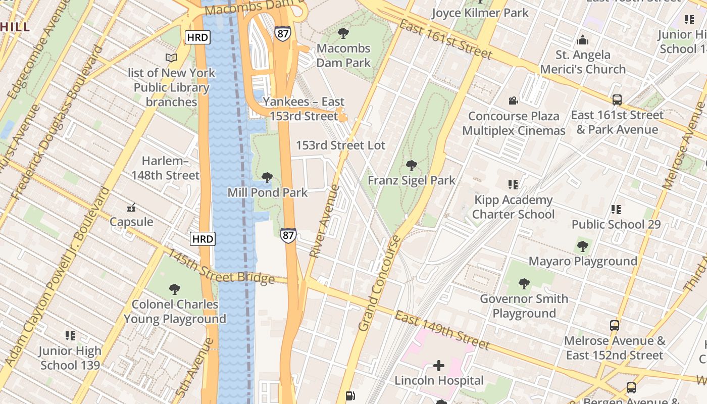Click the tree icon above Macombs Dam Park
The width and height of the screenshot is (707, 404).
[x=343, y=34]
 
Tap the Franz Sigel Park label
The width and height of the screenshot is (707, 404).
[x=411, y=180]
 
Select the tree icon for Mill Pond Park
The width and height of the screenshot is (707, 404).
[x=267, y=178]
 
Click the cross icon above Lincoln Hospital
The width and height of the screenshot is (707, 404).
[x=439, y=366]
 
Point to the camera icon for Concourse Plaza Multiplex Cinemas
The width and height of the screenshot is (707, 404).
[x=514, y=101]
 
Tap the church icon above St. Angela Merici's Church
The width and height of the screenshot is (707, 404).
[x=583, y=40]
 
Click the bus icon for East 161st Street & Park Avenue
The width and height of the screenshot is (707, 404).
[x=617, y=100]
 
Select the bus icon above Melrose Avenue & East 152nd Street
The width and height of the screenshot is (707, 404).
[x=615, y=326]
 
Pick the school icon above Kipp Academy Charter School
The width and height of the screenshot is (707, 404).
[x=513, y=185]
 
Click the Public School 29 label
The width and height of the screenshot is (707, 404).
[x=616, y=224]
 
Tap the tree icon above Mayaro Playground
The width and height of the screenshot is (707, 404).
[x=583, y=246]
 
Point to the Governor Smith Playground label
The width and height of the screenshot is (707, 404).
[x=524, y=306]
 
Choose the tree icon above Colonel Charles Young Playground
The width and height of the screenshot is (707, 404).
[x=175, y=289]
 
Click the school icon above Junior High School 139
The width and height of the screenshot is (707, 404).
[x=70, y=336]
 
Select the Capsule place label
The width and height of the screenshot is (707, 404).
[x=131, y=222]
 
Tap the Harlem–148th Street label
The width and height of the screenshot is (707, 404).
[x=166, y=168]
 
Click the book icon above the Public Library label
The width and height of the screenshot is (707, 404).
[x=171, y=58]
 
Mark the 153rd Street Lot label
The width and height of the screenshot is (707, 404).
[x=340, y=145]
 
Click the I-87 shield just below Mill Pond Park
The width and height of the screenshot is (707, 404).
[x=288, y=235]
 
